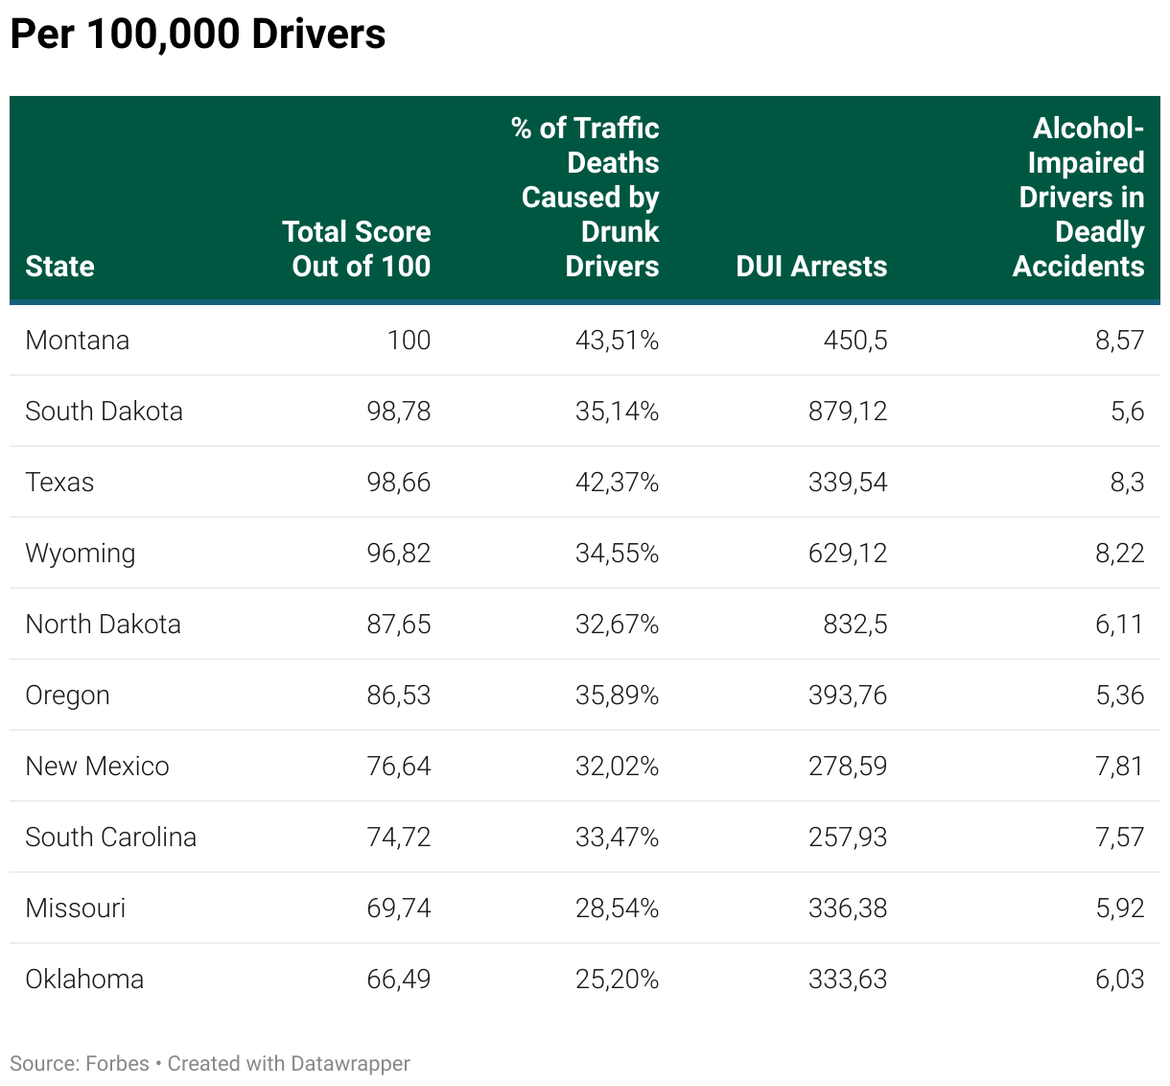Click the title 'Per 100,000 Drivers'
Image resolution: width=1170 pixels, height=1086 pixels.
pyautogui.click(x=198, y=35)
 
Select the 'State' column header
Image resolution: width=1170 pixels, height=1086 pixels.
pyautogui.click(x=59, y=266)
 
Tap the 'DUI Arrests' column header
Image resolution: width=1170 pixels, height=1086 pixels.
pyautogui.click(x=811, y=266)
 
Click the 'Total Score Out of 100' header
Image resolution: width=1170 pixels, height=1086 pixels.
pyautogui.click(x=357, y=248)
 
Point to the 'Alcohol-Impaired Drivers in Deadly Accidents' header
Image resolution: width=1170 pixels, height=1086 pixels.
pyautogui.click(x=1080, y=197)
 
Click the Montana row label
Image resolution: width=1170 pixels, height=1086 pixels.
pyautogui.click(x=77, y=340)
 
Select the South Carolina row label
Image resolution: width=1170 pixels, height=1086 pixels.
pyautogui.click(x=110, y=837)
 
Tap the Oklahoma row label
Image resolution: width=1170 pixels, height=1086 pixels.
pyautogui.click(x=84, y=979)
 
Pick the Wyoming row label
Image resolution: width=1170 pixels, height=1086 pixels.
pyautogui.click(x=81, y=554)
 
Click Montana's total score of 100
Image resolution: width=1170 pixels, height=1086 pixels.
pyautogui.click(x=409, y=340)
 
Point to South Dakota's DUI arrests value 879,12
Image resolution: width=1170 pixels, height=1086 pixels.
pyautogui.click(x=847, y=411)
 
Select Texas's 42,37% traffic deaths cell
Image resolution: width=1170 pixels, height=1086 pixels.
pyautogui.click(x=617, y=482)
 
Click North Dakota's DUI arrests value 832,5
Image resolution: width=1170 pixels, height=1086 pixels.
pyautogui.click(x=854, y=624)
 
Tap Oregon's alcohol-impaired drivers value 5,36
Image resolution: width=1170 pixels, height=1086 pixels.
pyautogui.click(x=1119, y=695)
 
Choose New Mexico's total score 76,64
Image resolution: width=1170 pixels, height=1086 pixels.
pyautogui.click(x=399, y=766)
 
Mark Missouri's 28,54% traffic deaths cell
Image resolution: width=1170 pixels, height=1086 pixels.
pyautogui.click(x=617, y=908)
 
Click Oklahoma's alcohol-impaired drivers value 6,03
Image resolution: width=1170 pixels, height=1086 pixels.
pyautogui.click(x=1119, y=979)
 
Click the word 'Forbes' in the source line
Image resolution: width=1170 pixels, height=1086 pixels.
pyautogui.click(x=117, y=1063)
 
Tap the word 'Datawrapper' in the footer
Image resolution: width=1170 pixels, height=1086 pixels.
pyautogui.click(x=350, y=1063)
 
